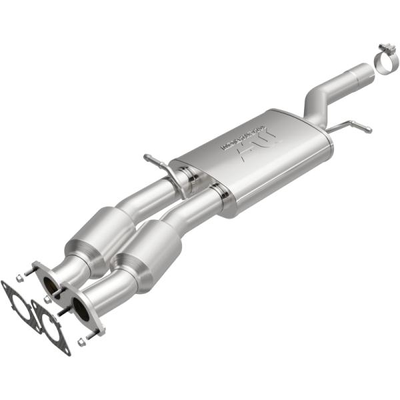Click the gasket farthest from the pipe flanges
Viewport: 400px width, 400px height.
pos(20,303)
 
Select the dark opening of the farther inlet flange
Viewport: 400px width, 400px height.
pos(49,283)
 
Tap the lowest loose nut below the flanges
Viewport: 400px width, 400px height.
pos(81,343)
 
